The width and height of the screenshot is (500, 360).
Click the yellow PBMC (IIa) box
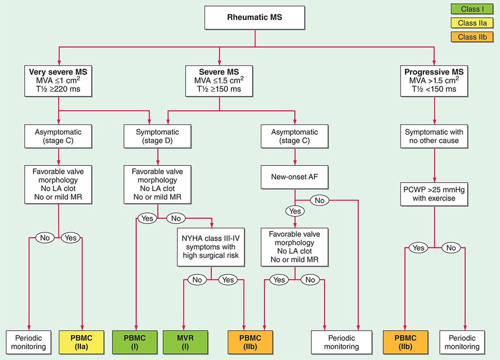(82, 342)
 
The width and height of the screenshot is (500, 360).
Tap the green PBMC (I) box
(136, 342)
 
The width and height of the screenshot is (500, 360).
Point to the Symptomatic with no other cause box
(435, 137)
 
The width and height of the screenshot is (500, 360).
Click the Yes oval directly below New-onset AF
(295, 211)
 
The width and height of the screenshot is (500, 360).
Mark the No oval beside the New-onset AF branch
(319, 200)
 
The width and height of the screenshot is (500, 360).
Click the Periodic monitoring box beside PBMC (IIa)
(29, 342)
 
